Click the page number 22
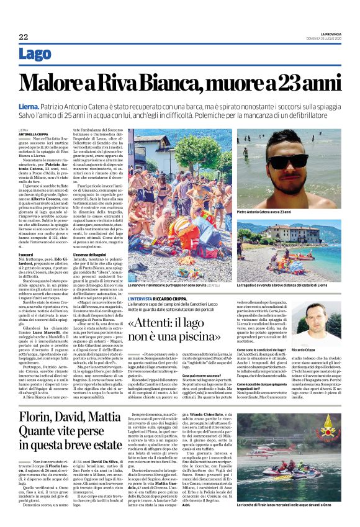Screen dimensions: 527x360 [23, 37]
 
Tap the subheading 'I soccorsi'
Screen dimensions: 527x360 [26, 255]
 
